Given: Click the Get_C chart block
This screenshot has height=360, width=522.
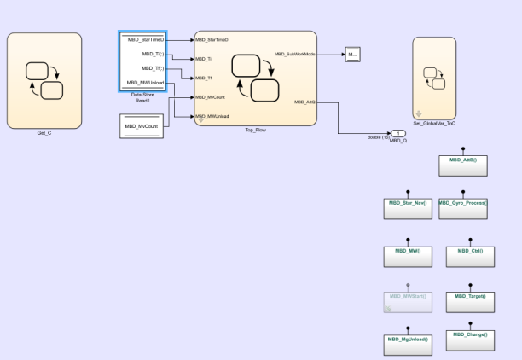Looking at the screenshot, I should [x=44, y=80].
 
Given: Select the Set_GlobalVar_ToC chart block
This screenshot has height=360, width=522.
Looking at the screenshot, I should [x=439, y=78].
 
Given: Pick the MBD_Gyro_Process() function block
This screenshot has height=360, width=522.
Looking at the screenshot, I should [x=463, y=208].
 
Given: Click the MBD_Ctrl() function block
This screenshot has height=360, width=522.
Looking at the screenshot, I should [x=470, y=255].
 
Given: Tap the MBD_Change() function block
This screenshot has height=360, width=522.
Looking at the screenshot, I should [x=470, y=339].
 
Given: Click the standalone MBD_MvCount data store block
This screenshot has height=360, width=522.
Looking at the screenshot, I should [x=142, y=127].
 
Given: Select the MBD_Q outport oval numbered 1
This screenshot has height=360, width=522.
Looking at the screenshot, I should [x=399, y=132].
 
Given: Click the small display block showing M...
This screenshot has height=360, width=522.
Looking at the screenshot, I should [x=352, y=55].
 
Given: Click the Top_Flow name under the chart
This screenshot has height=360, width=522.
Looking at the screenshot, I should [x=255, y=130].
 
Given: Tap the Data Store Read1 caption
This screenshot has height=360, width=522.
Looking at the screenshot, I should [x=142, y=98].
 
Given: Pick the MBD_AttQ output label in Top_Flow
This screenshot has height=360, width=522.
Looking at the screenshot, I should [x=304, y=102].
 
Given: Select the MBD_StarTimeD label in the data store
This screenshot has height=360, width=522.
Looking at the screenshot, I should [x=142, y=39].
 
